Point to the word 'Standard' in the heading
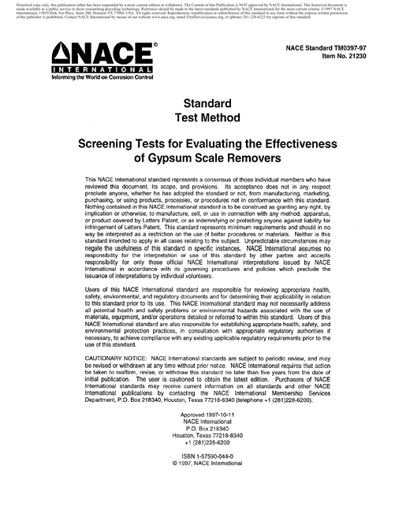[x=206, y=103]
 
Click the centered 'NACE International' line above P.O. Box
[x=204, y=450]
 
